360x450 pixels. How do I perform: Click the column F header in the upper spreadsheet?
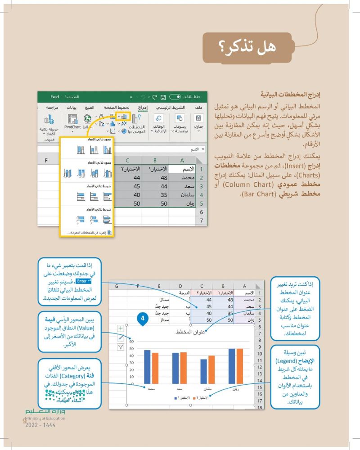pyautogui.click(x=46, y=161)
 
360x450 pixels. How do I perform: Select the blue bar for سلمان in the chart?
pyautogui.click(x=204, y=373)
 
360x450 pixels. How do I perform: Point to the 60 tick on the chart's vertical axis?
pyautogui.click(x=131, y=341)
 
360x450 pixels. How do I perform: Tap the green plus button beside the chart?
pyautogui.click(x=121, y=329)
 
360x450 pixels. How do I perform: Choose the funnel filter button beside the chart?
pyautogui.click(x=121, y=347)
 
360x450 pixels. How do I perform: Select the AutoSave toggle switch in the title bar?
pyautogui.click(x=175, y=96)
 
